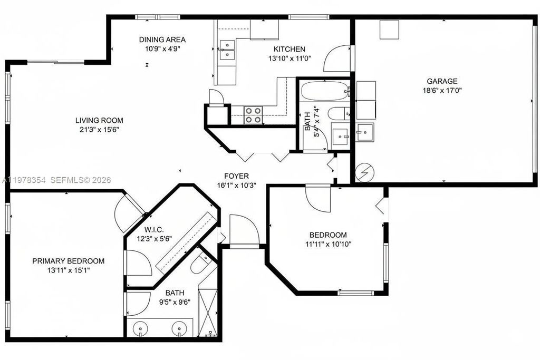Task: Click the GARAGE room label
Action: (x=442, y=81)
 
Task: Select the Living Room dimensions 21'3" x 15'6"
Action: (x=99, y=130)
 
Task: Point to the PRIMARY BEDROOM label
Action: (x=68, y=261)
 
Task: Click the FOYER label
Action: (x=236, y=176)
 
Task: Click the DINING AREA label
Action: (x=162, y=40)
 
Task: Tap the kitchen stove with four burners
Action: (x=253, y=115)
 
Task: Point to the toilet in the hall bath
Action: (x=337, y=113)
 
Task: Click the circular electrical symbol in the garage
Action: (x=362, y=173)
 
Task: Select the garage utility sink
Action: (x=364, y=131)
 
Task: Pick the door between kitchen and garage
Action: (x=337, y=59)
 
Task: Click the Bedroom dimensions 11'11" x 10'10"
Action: (x=327, y=244)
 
